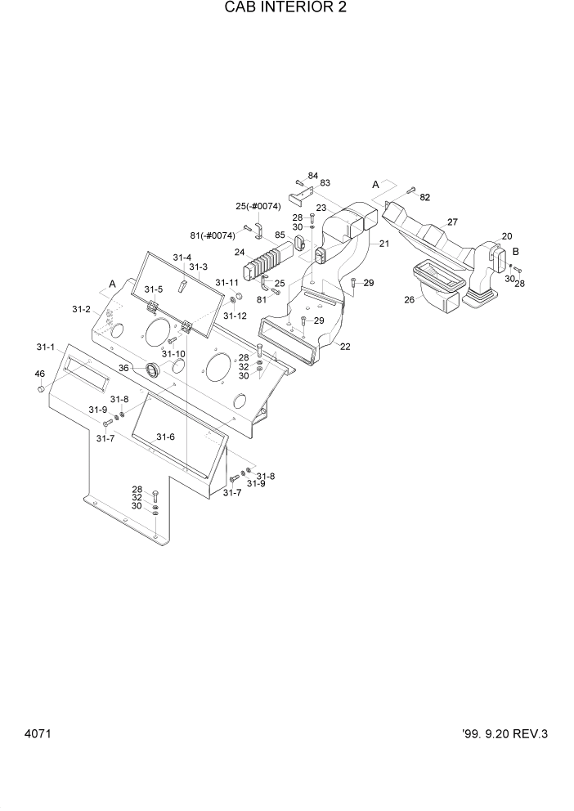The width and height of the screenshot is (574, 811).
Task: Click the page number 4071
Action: coord(38,733)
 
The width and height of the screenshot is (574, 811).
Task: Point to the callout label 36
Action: coord(123,368)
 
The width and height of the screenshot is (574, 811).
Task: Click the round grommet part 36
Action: coord(152,370)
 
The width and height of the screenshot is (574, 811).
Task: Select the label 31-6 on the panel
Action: coord(166,437)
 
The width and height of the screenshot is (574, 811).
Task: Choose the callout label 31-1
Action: coord(45,347)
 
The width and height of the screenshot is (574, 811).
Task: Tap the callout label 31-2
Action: coord(80,309)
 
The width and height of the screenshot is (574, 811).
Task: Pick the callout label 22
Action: coord(345,346)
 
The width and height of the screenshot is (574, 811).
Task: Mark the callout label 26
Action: coord(410,299)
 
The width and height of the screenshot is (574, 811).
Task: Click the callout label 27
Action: coord(452,222)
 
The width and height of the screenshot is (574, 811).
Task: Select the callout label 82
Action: coord(424,198)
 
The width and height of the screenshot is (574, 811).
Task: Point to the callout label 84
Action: coord(312,176)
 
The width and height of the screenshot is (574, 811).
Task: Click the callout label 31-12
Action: coord(235,316)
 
